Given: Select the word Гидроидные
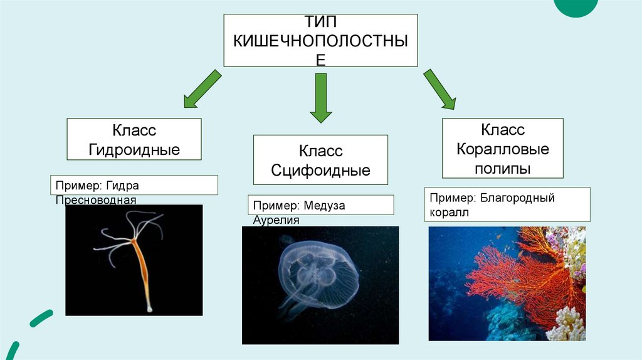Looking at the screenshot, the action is [x=134, y=150].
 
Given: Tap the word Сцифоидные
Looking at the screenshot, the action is [x=320, y=170].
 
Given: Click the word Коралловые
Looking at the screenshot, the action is [x=503, y=149].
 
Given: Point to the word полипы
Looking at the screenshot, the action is [x=503, y=169].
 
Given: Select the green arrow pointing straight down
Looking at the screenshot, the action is [x=320, y=97].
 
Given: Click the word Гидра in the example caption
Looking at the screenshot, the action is [x=122, y=186].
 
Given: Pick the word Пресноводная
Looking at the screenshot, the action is [x=95, y=200].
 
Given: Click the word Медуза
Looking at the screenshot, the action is [x=325, y=206].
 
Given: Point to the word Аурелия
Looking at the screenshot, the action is [x=276, y=220].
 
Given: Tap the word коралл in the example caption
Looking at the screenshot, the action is [x=450, y=213].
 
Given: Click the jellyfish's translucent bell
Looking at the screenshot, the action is [x=317, y=263].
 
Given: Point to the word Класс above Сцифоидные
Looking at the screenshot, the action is [x=320, y=151].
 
